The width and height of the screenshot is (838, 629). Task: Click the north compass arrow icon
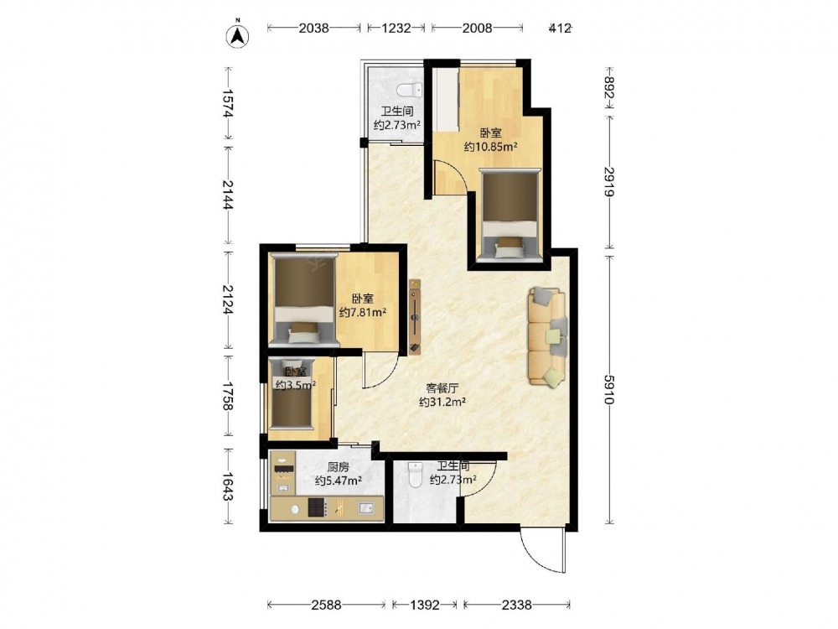point(239,35)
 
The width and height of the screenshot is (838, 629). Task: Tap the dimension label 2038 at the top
point(313,28)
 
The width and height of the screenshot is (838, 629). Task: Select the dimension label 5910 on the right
point(609,389)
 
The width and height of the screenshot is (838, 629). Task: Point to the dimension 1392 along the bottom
point(424,605)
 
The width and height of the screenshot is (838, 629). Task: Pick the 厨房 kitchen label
point(339,467)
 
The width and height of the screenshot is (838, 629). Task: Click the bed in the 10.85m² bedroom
point(510,215)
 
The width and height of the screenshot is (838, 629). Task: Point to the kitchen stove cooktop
point(317,507)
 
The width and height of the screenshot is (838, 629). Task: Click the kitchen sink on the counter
point(366,507)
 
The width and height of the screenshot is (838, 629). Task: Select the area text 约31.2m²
point(442,402)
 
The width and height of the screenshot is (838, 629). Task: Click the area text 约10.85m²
point(490,147)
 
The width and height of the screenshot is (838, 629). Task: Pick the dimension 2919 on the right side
point(609,182)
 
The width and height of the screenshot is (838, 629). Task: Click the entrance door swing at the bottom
point(541,552)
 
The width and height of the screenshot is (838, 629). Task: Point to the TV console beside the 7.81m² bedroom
point(416,317)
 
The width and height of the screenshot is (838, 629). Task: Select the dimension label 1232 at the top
point(396,28)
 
